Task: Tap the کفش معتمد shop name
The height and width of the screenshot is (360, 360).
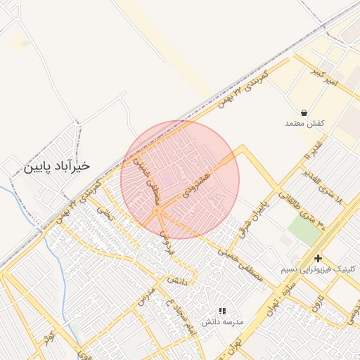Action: coord(304,124)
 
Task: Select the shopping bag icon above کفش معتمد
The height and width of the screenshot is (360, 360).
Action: coord(304,112)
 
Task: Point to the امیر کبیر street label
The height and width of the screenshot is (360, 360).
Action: coord(324,77)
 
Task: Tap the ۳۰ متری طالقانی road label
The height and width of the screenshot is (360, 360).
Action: coord(311,212)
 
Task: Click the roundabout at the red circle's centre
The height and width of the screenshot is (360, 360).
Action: coord(156,210)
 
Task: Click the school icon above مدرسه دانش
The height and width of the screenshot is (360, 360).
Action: coord(222,310)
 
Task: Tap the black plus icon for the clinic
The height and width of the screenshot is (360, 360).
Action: coord(319,258)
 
